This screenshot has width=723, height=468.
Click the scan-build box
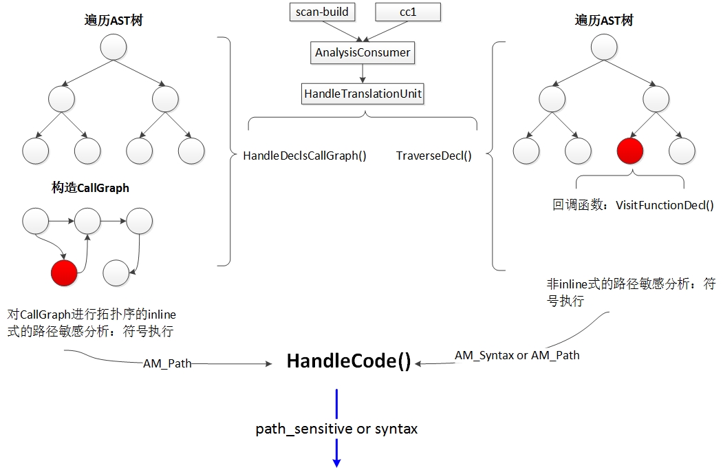[x=323, y=12]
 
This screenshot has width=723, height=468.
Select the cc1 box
[x=408, y=12]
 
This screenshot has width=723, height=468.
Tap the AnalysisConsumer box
[x=363, y=52]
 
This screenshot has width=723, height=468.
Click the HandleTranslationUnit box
[x=363, y=94]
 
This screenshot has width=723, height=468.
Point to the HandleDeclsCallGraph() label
[x=305, y=156]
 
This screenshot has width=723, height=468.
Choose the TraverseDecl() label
[x=434, y=156]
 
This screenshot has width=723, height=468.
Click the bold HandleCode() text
[x=349, y=361]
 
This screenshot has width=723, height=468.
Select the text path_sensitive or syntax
[x=336, y=429]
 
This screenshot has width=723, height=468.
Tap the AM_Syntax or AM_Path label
[x=517, y=356]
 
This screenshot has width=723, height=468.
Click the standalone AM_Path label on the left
[x=167, y=364]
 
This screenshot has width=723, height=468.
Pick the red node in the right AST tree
[x=630, y=151]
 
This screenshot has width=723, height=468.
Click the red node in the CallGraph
[x=64, y=273]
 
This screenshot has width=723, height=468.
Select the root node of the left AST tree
[x=114, y=47]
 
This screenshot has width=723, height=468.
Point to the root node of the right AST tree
[x=604, y=47]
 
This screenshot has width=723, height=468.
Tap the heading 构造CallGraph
[x=90, y=188]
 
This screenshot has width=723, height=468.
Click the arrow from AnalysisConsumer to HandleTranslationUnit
[x=363, y=74]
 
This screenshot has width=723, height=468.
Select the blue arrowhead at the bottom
[x=336, y=462]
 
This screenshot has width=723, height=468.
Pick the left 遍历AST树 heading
[x=114, y=20]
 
